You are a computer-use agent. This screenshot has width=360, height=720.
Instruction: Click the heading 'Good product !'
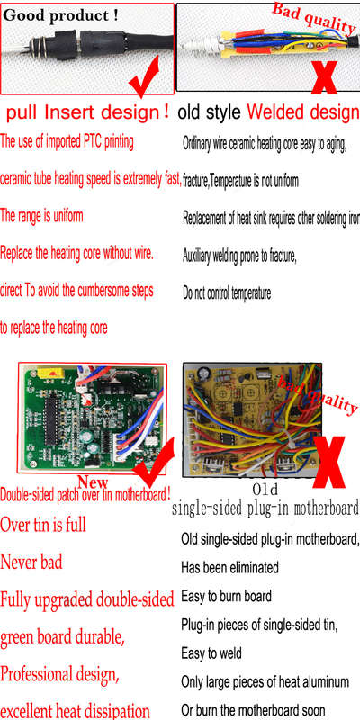(x=60, y=15)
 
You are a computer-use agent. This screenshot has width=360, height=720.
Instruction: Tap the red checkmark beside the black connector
(x=145, y=75)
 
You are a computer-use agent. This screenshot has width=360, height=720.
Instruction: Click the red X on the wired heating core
(x=324, y=73)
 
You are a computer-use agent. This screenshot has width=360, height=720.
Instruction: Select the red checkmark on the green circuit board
(x=154, y=463)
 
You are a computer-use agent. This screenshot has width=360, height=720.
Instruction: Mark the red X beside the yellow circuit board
(x=329, y=462)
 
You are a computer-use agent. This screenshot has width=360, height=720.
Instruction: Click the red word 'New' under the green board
(x=93, y=482)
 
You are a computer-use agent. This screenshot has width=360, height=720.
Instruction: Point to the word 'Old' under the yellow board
(x=265, y=489)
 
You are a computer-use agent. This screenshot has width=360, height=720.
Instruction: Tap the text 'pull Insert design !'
(x=87, y=112)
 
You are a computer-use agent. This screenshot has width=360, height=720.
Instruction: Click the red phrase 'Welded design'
(x=302, y=112)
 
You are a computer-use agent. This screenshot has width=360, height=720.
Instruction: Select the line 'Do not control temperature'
(x=227, y=292)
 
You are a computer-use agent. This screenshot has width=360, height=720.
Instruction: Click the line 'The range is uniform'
(x=41, y=215)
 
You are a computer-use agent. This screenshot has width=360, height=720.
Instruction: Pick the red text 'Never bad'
(x=31, y=562)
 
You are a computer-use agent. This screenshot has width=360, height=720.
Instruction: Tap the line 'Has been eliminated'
(x=229, y=568)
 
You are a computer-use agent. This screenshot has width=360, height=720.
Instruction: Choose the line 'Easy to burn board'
(x=227, y=597)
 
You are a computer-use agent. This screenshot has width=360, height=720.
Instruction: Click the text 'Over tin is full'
(x=43, y=525)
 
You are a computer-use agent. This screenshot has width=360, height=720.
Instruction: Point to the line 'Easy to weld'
(x=211, y=653)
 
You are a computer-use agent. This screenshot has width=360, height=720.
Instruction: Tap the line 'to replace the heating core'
(x=54, y=328)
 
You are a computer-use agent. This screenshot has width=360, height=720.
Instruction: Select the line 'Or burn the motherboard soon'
(x=253, y=710)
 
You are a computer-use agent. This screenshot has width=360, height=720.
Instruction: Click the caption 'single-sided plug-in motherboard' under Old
(x=265, y=508)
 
